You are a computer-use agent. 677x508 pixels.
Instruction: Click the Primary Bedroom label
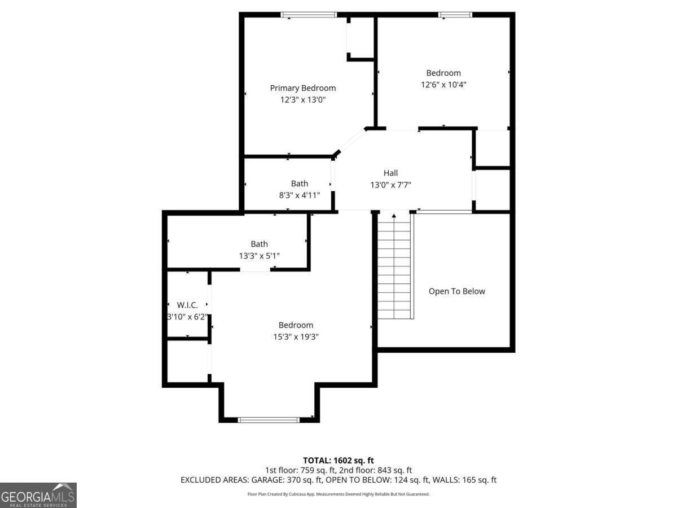(302, 88)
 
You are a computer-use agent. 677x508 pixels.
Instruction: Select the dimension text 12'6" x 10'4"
(443, 85)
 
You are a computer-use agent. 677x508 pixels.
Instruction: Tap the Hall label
(390, 173)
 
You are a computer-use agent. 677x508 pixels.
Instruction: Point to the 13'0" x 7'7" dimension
(390, 185)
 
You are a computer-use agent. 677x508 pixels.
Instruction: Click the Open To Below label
(456, 291)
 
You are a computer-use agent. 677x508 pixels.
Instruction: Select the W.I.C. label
(187, 305)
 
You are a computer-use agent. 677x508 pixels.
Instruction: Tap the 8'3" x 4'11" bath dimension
(299, 195)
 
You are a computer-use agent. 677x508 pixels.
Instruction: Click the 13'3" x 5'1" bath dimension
(259, 256)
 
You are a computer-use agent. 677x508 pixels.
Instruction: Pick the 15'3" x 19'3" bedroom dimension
(296, 337)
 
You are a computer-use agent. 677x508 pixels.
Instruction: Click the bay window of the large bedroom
(269, 419)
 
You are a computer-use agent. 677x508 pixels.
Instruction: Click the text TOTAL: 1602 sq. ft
(338, 461)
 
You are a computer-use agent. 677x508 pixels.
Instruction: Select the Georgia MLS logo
(38, 495)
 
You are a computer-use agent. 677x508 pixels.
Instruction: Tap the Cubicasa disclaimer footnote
(338, 494)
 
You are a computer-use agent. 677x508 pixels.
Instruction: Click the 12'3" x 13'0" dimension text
(303, 100)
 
